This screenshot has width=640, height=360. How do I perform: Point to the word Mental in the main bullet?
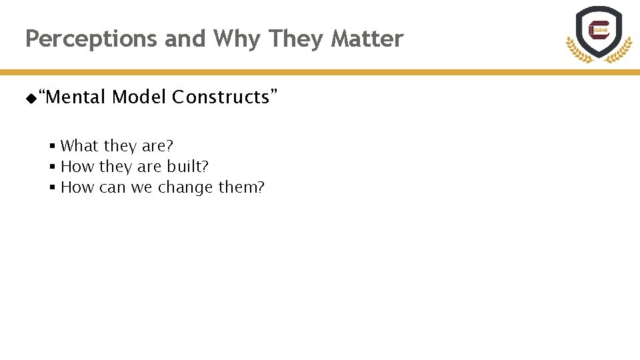click(x=75, y=97)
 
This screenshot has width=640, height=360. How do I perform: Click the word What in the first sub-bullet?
click(x=79, y=145)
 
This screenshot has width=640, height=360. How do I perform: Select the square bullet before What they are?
click(x=51, y=146)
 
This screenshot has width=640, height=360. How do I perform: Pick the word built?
click(x=187, y=166)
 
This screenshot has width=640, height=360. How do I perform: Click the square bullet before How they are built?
click(x=51, y=167)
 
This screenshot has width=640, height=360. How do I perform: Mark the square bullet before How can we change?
click(x=51, y=188)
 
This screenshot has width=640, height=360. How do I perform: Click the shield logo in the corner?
click(x=598, y=31)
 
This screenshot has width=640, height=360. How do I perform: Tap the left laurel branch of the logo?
click(x=576, y=51)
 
